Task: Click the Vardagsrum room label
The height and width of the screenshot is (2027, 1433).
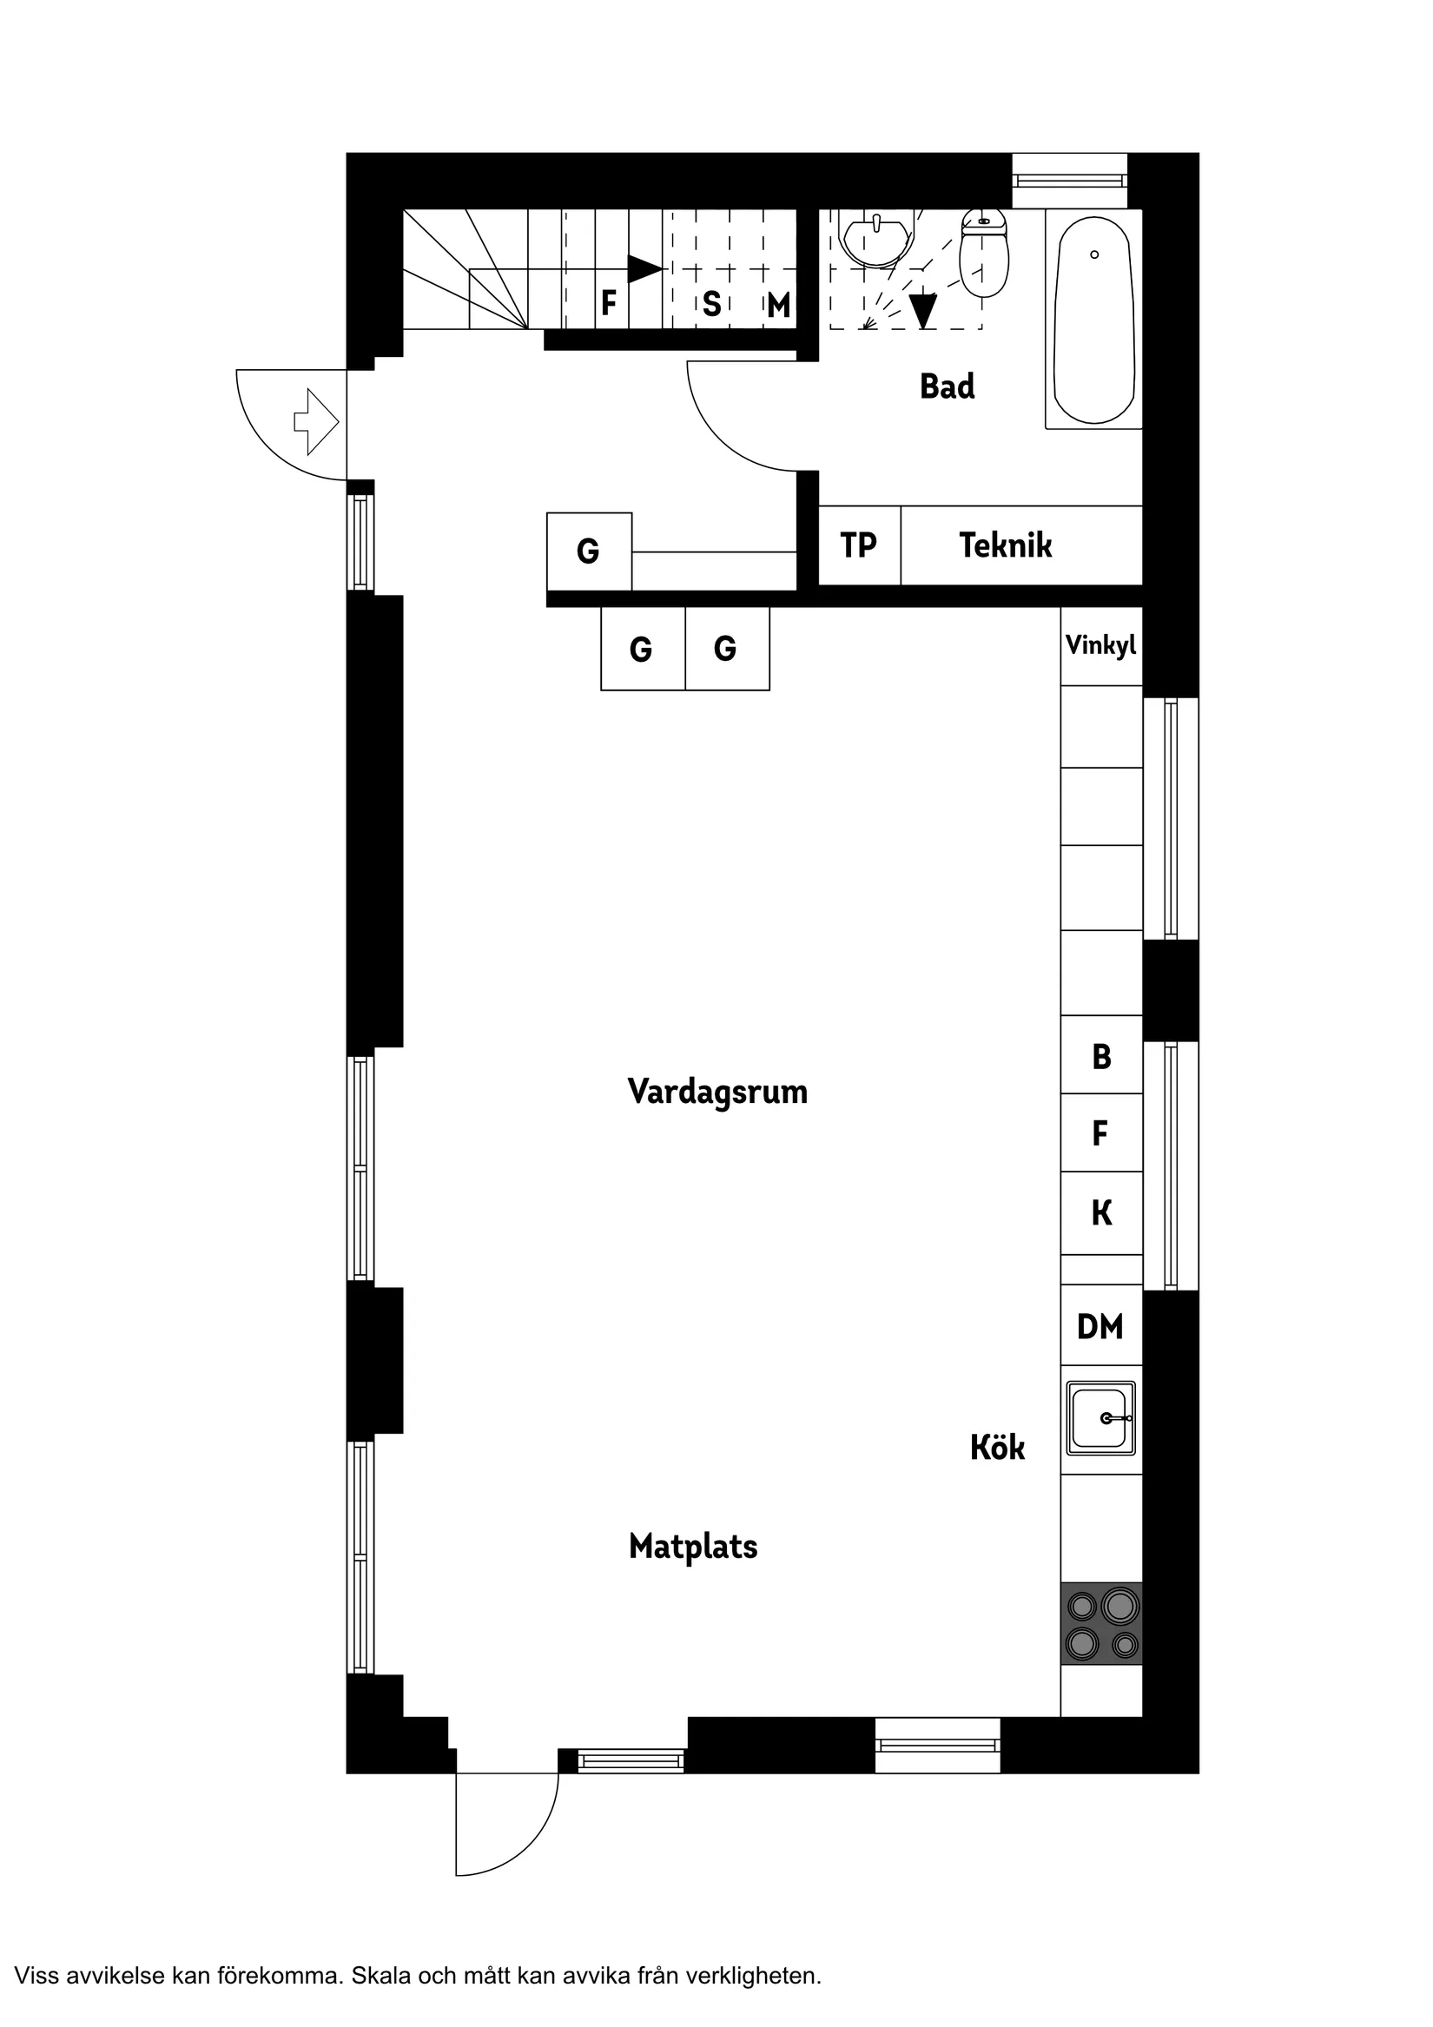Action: [717, 1092]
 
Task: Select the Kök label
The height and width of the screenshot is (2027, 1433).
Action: [997, 1447]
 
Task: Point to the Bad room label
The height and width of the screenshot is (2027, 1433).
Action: [947, 386]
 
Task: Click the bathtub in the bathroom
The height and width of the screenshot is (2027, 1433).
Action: [1094, 320]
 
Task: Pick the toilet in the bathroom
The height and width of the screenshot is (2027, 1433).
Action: [984, 254]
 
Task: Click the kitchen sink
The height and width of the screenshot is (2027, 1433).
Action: [1100, 1418]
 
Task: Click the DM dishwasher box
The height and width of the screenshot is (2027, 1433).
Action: [1100, 1327]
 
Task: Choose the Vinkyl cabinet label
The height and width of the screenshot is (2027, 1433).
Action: [1100, 645]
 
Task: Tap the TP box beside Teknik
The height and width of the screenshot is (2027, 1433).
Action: [858, 545]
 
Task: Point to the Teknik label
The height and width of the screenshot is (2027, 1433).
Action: [1005, 545]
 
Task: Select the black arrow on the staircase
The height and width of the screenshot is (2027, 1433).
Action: [644, 268]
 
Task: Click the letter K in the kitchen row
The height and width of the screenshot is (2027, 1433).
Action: [1101, 1213]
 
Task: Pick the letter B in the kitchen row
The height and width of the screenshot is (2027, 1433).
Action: [1101, 1057]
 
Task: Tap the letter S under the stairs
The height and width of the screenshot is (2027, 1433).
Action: [711, 305]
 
